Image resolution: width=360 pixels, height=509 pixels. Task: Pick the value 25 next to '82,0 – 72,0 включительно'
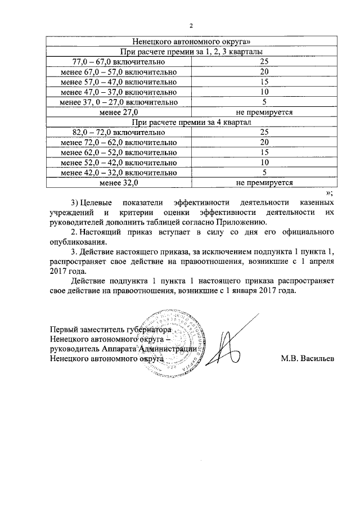[264, 132]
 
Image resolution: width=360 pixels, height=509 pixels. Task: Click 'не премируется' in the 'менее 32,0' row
[264, 183]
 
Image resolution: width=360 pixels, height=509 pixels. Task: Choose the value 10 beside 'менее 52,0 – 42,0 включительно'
[264, 163]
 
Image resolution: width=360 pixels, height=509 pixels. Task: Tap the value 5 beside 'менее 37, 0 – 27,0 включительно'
[264, 102]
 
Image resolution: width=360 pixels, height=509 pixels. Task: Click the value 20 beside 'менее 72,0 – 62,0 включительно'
[264, 142]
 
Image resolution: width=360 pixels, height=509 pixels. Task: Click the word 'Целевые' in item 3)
[96, 202]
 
